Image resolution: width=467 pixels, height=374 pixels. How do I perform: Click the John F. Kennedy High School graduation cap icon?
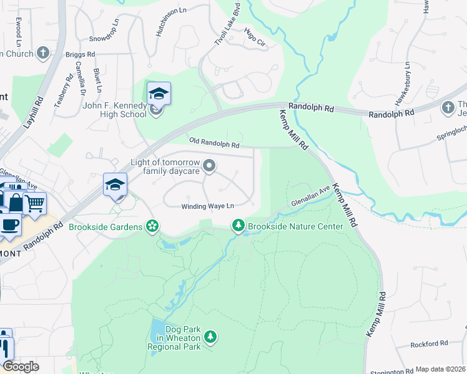[x=159, y=94]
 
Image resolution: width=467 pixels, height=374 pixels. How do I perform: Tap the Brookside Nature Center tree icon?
[x=238, y=226]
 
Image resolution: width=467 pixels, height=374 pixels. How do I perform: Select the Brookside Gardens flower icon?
[x=151, y=226]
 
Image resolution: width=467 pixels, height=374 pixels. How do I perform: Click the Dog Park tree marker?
[x=211, y=337]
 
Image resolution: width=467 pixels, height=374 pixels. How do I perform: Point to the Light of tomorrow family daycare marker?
[x=210, y=166]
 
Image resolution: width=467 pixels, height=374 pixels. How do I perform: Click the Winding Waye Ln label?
[x=207, y=206]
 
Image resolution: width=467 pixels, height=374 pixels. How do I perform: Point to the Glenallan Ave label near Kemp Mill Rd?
[x=310, y=196]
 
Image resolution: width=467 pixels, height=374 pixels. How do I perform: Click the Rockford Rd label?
[x=430, y=343]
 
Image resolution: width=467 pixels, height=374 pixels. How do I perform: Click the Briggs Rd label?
[x=80, y=54]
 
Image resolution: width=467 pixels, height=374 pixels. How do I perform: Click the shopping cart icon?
[x=36, y=202]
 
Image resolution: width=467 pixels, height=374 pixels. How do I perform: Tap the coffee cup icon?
[x=9, y=224]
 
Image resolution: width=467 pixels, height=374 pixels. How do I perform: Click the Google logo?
[x=21, y=367]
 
